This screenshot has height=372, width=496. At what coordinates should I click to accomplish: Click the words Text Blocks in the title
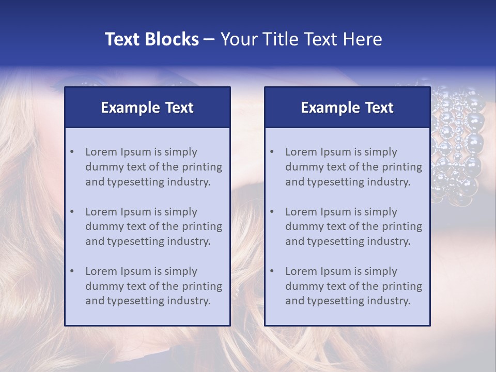(x=151, y=39)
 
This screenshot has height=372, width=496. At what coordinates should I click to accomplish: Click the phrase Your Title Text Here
(x=301, y=39)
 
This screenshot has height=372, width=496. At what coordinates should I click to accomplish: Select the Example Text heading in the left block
(x=147, y=107)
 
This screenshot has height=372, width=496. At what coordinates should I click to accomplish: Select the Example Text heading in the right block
(x=347, y=107)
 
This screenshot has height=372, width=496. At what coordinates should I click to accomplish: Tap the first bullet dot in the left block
(x=72, y=152)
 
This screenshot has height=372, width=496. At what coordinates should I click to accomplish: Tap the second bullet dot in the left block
(x=72, y=212)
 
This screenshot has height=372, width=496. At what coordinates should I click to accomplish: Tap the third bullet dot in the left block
(x=72, y=271)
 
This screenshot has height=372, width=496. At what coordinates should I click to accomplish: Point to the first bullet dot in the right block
(x=272, y=152)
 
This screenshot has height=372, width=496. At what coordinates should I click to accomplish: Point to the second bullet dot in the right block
(x=272, y=212)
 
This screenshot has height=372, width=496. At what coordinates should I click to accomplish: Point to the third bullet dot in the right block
(x=272, y=271)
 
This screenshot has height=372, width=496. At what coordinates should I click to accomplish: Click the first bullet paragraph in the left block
(x=153, y=167)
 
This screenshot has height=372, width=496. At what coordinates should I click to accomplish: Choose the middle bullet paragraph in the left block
(x=153, y=226)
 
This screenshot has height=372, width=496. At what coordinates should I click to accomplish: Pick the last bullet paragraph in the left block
(x=153, y=286)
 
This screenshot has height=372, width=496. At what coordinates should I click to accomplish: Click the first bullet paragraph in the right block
(x=353, y=167)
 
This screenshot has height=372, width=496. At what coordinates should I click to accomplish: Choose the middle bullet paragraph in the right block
(x=353, y=226)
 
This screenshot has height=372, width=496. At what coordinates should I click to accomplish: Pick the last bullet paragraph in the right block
(x=353, y=286)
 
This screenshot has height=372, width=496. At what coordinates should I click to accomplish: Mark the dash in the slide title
(x=209, y=39)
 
